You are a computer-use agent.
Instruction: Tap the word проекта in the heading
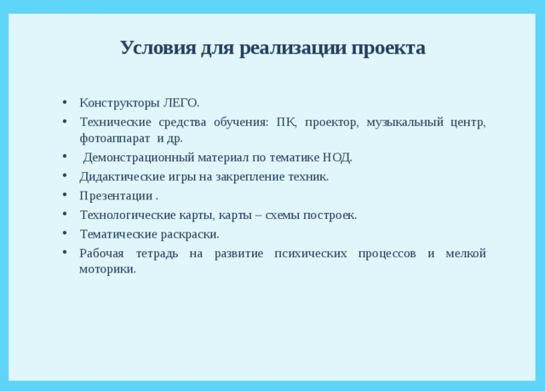387,47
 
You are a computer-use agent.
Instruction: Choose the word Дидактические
118,176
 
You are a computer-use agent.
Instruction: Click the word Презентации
110,196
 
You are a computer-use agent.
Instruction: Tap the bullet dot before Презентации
66,196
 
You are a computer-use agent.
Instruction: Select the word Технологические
123,215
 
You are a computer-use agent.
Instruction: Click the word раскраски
191,234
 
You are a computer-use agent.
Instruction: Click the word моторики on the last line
107,269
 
